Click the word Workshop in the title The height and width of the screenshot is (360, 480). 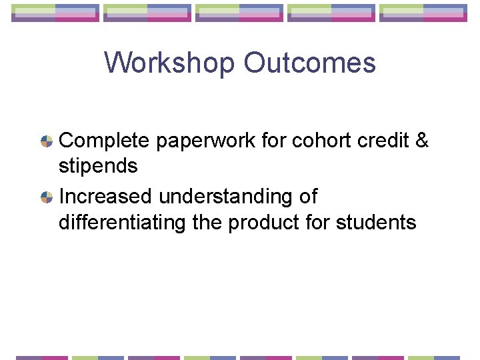169,63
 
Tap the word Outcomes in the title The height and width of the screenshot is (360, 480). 309,63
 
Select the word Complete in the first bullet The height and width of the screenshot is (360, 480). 105,141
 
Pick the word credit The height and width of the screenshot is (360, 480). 383,141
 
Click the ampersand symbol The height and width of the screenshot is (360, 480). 421,141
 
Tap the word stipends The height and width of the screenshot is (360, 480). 98,166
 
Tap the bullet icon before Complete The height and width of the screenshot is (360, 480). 47,141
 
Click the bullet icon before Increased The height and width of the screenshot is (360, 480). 47,197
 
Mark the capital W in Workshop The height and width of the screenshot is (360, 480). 116,63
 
